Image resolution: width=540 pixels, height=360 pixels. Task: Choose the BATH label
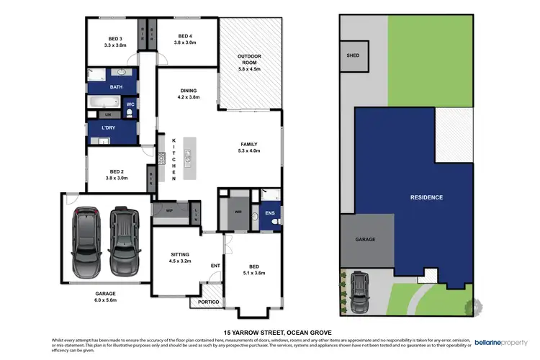tap(116, 87)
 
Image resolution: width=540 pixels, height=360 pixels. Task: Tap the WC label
tap(130, 105)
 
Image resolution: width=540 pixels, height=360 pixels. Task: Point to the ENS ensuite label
tap(270, 214)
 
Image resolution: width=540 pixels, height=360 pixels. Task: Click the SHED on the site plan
tap(353, 55)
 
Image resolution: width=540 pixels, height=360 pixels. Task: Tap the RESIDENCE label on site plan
tap(426, 197)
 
